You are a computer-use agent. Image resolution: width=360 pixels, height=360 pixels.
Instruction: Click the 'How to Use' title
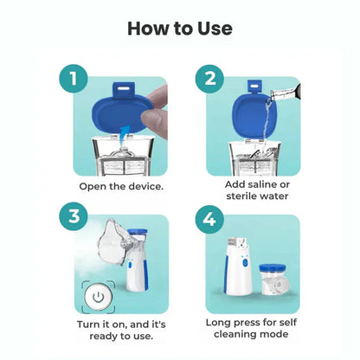click(180, 28)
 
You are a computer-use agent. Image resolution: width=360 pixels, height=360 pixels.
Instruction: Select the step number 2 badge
click(210, 80)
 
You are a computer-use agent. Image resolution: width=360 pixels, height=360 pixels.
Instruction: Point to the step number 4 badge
click(210, 219)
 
